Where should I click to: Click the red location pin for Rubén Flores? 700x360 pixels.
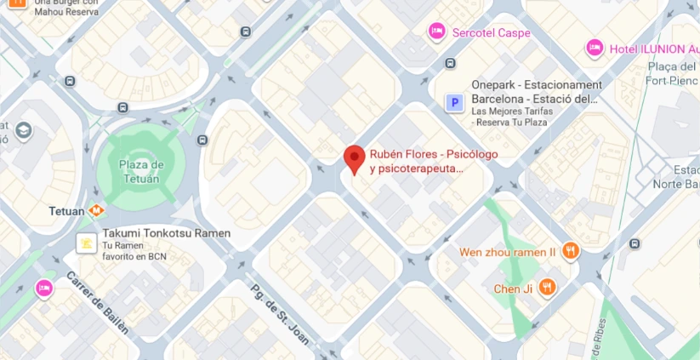coord(354,159)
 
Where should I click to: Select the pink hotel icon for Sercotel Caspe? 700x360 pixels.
coord(436,32)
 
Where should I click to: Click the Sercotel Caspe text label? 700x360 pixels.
coord(491,33)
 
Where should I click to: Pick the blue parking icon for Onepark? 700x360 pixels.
coord(455,103)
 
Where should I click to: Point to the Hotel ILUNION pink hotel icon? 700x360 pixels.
coord(595,48)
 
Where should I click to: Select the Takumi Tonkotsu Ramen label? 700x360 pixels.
coord(166,233)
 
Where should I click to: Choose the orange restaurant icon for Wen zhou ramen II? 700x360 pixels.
coord(571,251)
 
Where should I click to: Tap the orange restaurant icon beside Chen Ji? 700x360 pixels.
coord(548,288)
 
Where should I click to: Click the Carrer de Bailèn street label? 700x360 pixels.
coord(97,303)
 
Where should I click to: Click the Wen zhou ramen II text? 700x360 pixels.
coord(507,252)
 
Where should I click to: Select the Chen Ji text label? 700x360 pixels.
coord(513,289)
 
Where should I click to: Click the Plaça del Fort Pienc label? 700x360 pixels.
coord(672,74)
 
